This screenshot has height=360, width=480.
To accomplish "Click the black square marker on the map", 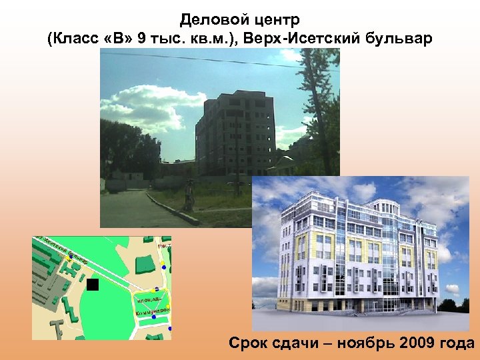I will [x=93, y=285].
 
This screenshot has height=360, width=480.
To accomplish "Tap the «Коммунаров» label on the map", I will [x=153, y=311].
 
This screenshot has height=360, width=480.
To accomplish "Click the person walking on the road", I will [x=189, y=197].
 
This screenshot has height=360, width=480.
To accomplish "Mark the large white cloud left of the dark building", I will [x=143, y=113].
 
